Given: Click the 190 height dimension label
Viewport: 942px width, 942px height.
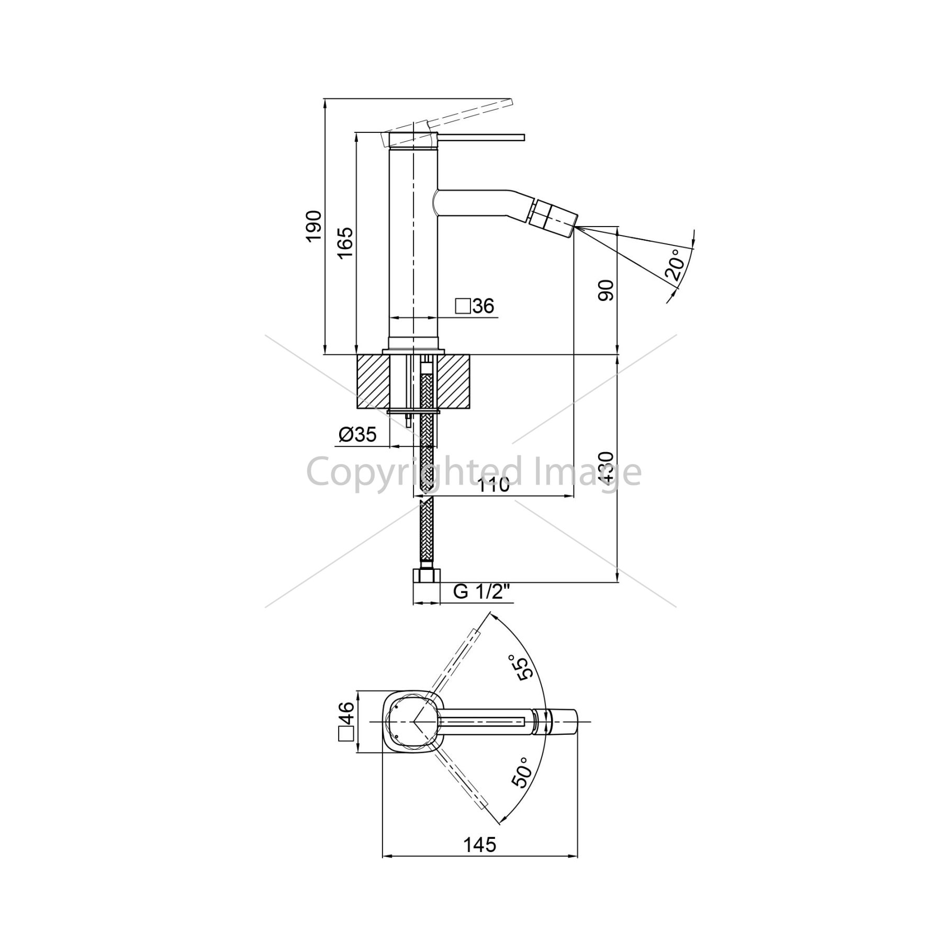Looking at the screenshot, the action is (313, 226).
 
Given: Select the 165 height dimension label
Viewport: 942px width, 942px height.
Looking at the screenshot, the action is (345, 243).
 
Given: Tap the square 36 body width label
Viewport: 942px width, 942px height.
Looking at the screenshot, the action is (475, 306).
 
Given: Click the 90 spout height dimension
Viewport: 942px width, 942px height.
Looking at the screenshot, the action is (606, 290).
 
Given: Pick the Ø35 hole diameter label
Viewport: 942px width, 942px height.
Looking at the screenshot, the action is (357, 434).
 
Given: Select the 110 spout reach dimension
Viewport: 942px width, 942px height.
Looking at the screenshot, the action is (494, 485).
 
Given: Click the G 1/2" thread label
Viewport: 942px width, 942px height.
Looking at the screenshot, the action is (481, 592).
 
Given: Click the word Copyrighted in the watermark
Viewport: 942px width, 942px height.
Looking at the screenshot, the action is (413, 473).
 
